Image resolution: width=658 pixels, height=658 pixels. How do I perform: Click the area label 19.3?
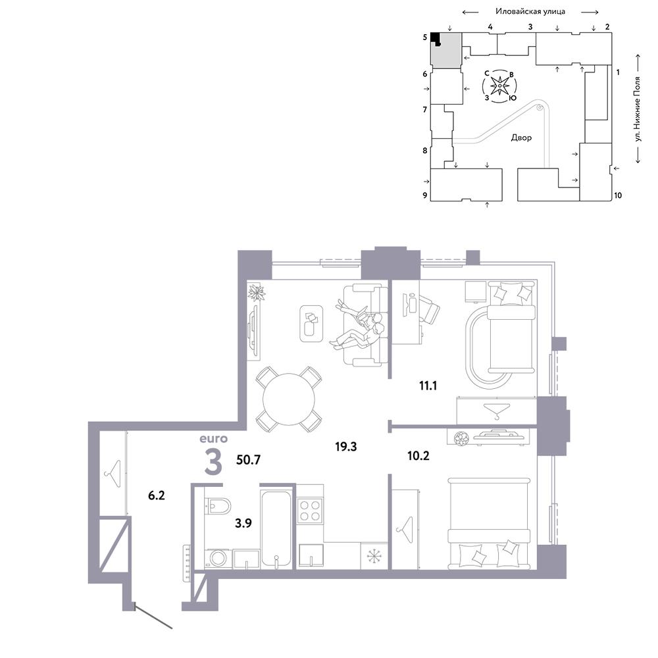point(346,447)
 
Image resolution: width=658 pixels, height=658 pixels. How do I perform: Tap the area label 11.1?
point(428,385)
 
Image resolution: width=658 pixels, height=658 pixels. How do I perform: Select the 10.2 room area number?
point(418,455)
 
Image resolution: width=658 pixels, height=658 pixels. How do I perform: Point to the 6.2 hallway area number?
point(157,495)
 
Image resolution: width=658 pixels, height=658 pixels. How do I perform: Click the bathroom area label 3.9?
point(243,523)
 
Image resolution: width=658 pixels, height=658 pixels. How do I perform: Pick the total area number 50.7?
point(249,459)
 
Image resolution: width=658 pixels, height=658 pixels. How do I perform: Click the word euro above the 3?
point(214,439)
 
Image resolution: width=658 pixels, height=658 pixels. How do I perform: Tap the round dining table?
point(289,399)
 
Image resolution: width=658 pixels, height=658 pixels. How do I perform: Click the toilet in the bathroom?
point(218,506)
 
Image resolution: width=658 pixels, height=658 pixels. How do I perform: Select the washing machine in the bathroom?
point(218,559)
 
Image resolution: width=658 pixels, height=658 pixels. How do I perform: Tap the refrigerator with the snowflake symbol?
point(374,556)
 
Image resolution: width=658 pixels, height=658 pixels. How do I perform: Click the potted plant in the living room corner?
point(257,292)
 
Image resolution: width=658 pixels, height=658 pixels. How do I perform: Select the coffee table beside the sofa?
point(311,324)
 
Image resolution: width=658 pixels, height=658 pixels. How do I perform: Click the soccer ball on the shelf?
point(461,438)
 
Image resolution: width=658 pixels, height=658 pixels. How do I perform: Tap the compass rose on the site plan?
point(499,86)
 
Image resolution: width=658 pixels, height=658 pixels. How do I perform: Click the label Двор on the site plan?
point(521,138)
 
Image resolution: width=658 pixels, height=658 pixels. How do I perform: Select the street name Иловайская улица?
point(530,11)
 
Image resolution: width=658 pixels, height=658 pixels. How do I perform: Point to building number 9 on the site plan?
point(424,195)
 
